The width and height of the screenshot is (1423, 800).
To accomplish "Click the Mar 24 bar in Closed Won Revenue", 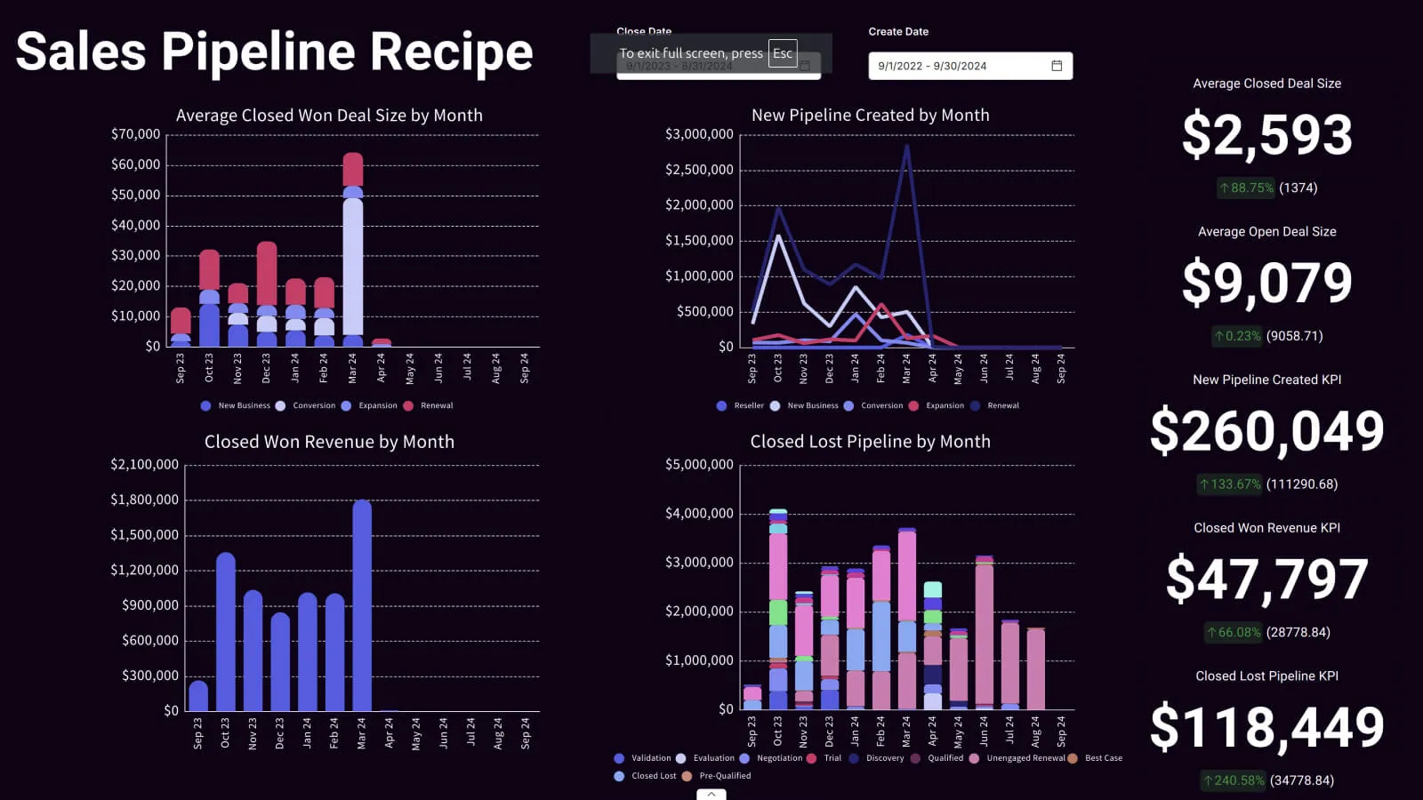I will tap(362, 604).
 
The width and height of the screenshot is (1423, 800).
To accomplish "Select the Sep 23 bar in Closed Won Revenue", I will tap(198, 696).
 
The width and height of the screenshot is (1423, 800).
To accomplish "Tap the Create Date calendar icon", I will tap(1057, 66).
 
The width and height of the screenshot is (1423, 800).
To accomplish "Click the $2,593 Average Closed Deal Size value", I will tap(1266, 135).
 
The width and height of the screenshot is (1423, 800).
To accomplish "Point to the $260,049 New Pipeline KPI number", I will tap(1266, 431).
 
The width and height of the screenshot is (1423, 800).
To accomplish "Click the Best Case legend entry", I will tap(1097, 758).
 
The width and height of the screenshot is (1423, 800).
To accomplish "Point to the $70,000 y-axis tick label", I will tap(135, 134).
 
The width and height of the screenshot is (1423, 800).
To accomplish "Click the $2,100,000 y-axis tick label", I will tap(144, 464).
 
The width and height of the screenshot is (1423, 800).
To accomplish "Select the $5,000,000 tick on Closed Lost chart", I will tap(699, 464).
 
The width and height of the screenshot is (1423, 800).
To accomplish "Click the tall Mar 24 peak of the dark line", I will tap(906, 147).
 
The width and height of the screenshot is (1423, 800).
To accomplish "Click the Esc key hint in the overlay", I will tap(783, 53).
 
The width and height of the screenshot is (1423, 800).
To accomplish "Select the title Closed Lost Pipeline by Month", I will tap(870, 442).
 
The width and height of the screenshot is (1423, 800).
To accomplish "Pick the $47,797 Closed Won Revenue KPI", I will tap(1266, 579).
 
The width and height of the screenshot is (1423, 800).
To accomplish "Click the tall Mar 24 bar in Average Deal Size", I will tap(353, 258).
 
